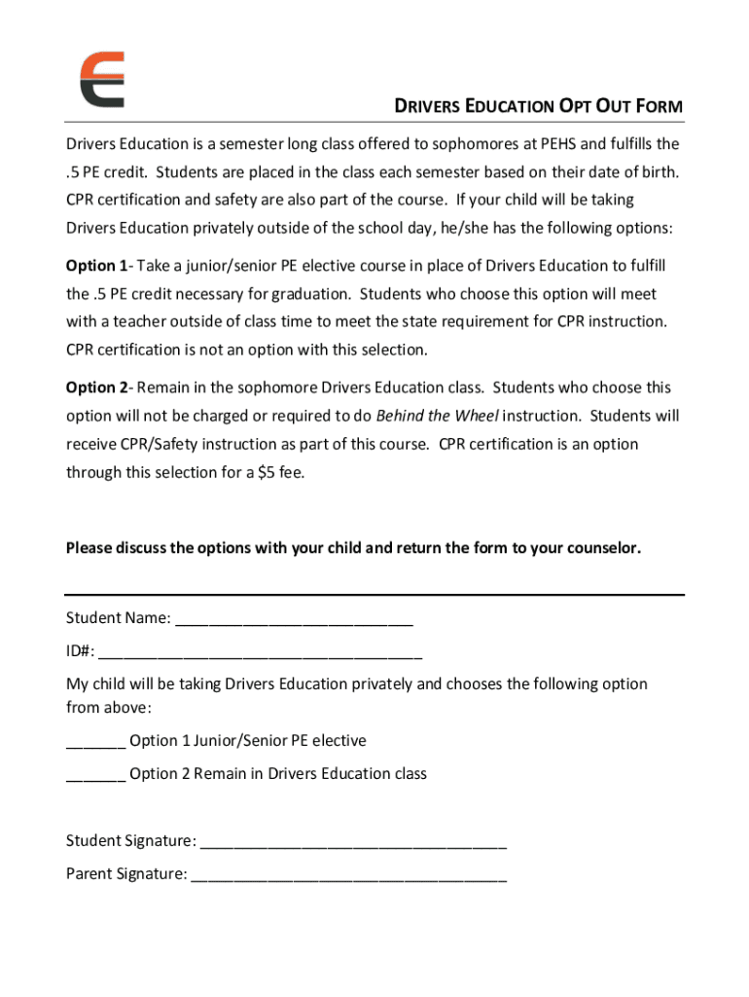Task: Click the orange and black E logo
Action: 101,79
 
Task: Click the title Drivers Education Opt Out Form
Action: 537,106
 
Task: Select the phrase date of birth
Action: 631,172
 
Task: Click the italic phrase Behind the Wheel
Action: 437,416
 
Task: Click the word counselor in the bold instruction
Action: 605,547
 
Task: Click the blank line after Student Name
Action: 294,620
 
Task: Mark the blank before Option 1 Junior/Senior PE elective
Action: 95,743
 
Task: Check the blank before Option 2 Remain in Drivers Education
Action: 95,776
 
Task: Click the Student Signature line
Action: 353,842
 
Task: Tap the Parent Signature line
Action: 349,875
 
